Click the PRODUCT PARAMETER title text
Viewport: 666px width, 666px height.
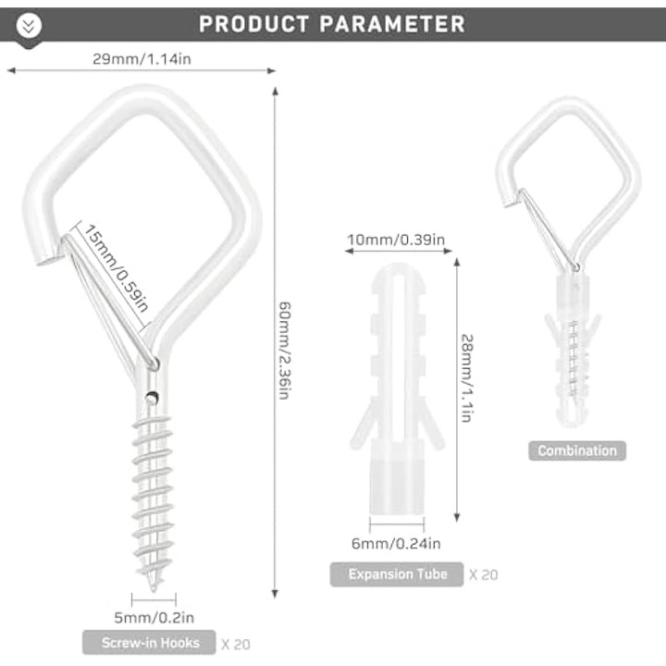tap(332, 24)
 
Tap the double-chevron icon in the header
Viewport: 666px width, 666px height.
tap(29, 26)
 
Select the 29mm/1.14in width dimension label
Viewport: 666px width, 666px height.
tap(142, 58)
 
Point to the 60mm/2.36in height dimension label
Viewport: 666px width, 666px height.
tap(285, 351)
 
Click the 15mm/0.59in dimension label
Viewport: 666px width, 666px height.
tap(116, 268)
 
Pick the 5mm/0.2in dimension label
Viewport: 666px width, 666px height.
tap(154, 617)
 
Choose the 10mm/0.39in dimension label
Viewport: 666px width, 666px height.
tap(396, 240)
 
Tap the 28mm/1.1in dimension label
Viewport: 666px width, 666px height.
tap(467, 378)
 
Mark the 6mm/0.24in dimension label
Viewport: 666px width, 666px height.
tap(396, 543)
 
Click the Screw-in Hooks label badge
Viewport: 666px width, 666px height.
tap(149, 643)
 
